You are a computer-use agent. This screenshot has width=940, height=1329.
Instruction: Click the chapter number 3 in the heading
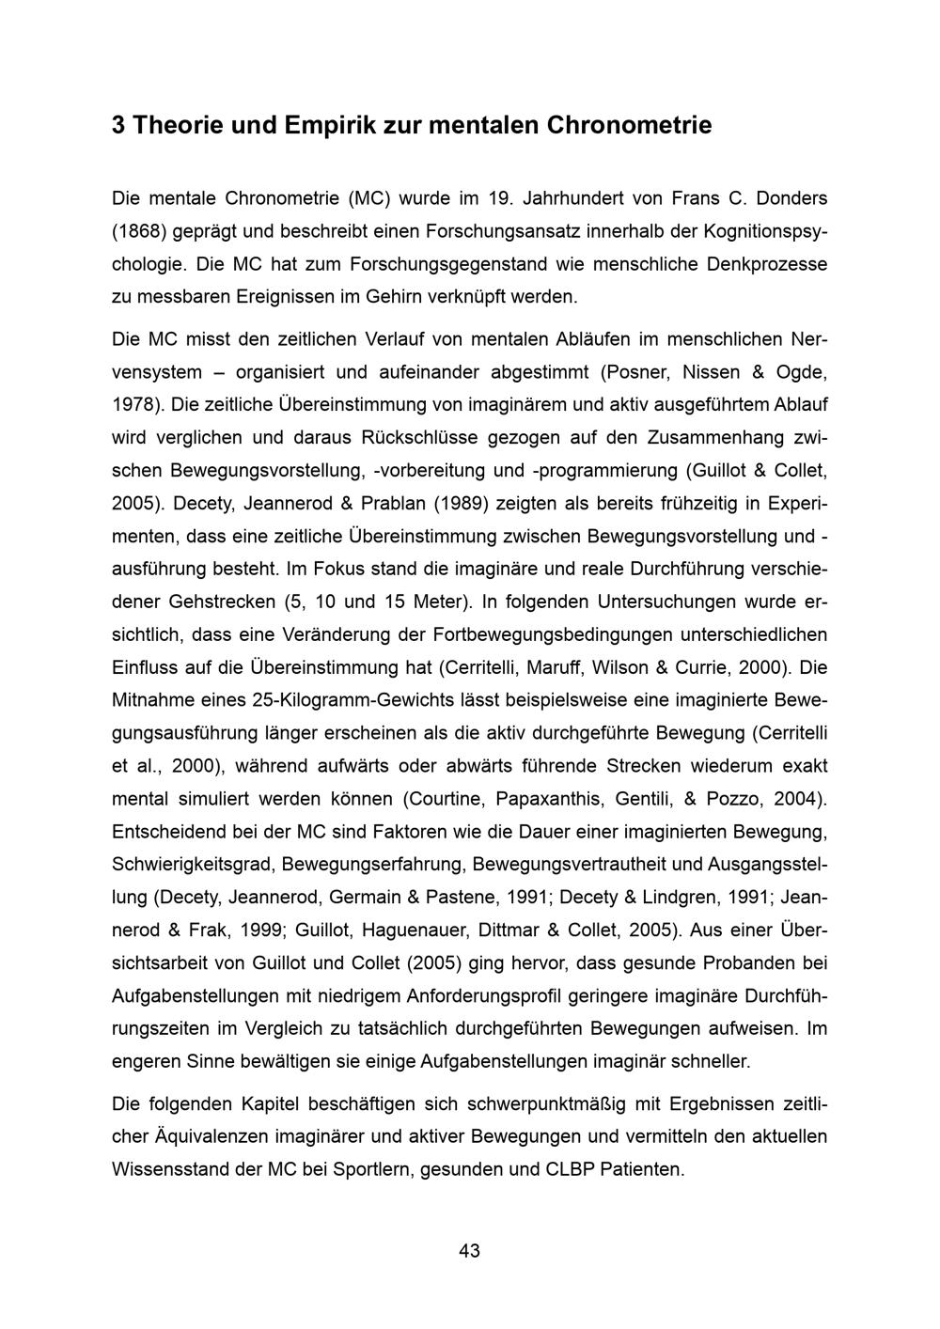118,125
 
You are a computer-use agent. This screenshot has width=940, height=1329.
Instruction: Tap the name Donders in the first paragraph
791,198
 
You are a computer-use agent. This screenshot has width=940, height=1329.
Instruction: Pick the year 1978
137,404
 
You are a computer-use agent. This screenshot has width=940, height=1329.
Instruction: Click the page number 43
470,1251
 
